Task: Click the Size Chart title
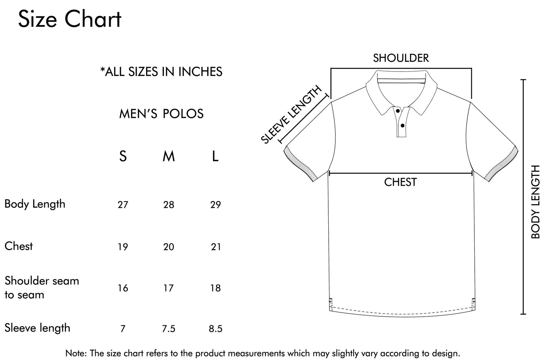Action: [70, 19]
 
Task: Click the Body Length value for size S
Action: [123, 205]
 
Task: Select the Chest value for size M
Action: [169, 247]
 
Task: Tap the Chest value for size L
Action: [216, 247]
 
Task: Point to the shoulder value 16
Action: [123, 288]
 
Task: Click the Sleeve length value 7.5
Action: [169, 329]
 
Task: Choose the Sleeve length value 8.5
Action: [216, 329]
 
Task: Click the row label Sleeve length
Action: [37, 328]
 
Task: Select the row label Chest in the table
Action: [19, 246]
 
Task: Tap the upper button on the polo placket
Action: [398, 111]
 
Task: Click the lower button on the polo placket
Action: [402, 126]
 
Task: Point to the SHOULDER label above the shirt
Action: [401, 58]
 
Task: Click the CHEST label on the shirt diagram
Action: [401, 182]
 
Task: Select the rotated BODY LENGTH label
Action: [535, 202]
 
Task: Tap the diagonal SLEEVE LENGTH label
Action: [291, 114]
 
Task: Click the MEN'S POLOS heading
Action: [161, 114]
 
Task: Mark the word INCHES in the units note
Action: [200, 72]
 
